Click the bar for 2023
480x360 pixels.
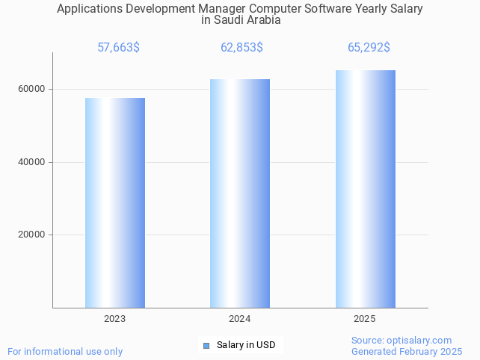[x=114, y=202]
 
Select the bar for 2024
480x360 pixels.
[x=239, y=193]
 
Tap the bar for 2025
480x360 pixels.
[x=365, y=188]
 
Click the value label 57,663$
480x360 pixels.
[x=118, y=48]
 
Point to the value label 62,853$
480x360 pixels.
[x=241, y=48]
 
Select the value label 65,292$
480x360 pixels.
[x=369, y=48]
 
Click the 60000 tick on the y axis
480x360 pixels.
[x=31, y=89]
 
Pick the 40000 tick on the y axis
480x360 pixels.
[x=31, y=162]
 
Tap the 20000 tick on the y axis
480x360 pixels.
[x=31, y=235]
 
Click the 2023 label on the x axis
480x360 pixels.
[x=114, y=319]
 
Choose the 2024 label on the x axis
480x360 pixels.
[x=239, y=319]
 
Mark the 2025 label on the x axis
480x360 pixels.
[x=364, y=319]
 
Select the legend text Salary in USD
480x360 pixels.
[x=246, y=345]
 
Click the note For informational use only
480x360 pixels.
[x=65, y=351]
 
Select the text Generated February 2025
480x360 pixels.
[x=407, y=351]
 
